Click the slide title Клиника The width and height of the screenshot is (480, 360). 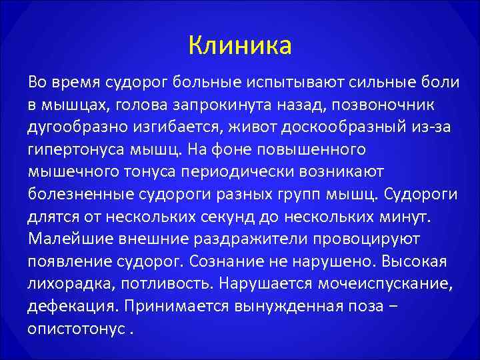click(239, 46)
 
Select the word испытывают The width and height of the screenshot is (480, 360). click(295, 82)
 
